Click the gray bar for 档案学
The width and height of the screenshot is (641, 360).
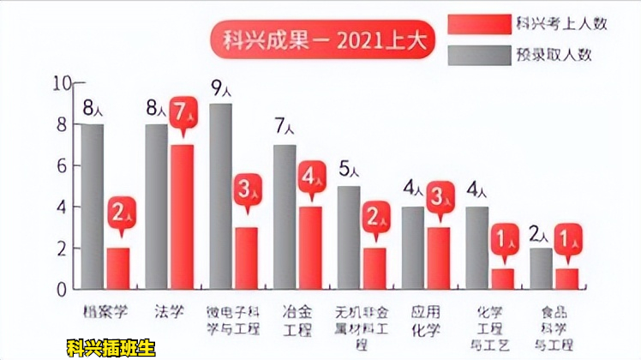(x=93, y=206)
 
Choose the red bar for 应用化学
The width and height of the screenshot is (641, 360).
(x=440, y=257)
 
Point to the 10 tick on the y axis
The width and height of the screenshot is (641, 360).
(x=60, y=83)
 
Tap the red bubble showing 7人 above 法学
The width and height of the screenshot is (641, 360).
(x=182, y=112)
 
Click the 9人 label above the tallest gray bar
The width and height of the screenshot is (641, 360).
(x=221, y=87)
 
